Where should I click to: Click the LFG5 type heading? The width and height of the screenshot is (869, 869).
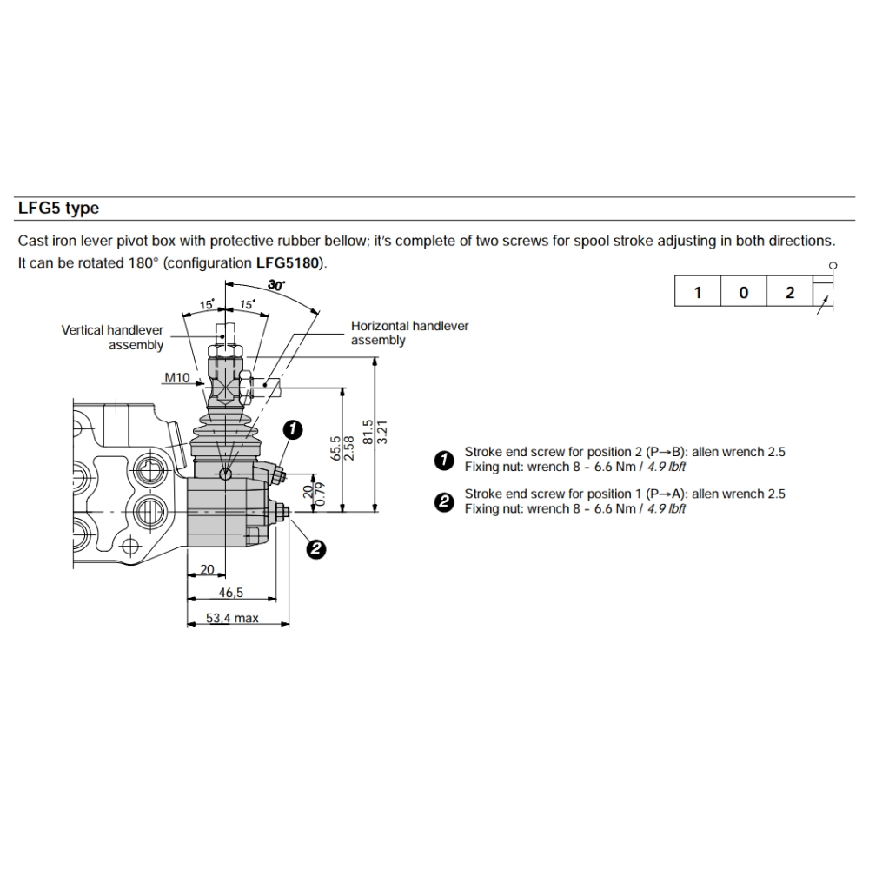pos(59,209)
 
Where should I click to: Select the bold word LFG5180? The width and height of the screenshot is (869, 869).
pos(290,262)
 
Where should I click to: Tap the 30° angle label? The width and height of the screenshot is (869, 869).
pos(276,284)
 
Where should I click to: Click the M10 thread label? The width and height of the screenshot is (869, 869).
pos(178,378)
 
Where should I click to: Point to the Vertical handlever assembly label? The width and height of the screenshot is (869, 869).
pos(112,337)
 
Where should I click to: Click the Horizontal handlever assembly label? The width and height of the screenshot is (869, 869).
pos(409,333)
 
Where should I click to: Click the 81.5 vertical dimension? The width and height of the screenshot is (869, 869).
pos(367,433)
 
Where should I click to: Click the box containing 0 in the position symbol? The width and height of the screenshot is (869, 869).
pos(743,292)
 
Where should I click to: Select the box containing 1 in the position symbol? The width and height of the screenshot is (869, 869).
pos(697,292)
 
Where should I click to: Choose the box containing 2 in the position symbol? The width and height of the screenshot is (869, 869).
pos(789,292)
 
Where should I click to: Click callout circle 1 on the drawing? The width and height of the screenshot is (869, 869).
pos(294,428)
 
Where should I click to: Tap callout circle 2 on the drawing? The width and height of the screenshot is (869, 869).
pos(316,547)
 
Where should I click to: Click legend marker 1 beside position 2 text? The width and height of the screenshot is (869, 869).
pos(445,460)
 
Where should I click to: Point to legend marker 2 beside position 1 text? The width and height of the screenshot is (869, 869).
pos(445,501)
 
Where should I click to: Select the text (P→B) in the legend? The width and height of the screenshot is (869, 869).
pos(666,452)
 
